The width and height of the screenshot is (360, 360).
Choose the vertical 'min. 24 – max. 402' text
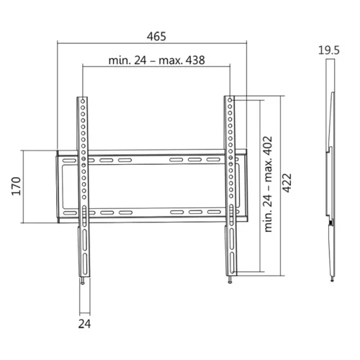(x=267, y=184)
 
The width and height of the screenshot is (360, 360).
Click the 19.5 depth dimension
(x=329, y=50)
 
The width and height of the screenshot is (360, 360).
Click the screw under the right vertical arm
(x=231, y=281)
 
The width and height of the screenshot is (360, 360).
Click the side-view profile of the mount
(x=331, y=180)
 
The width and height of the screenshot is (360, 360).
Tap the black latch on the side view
(x=331, y=224)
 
